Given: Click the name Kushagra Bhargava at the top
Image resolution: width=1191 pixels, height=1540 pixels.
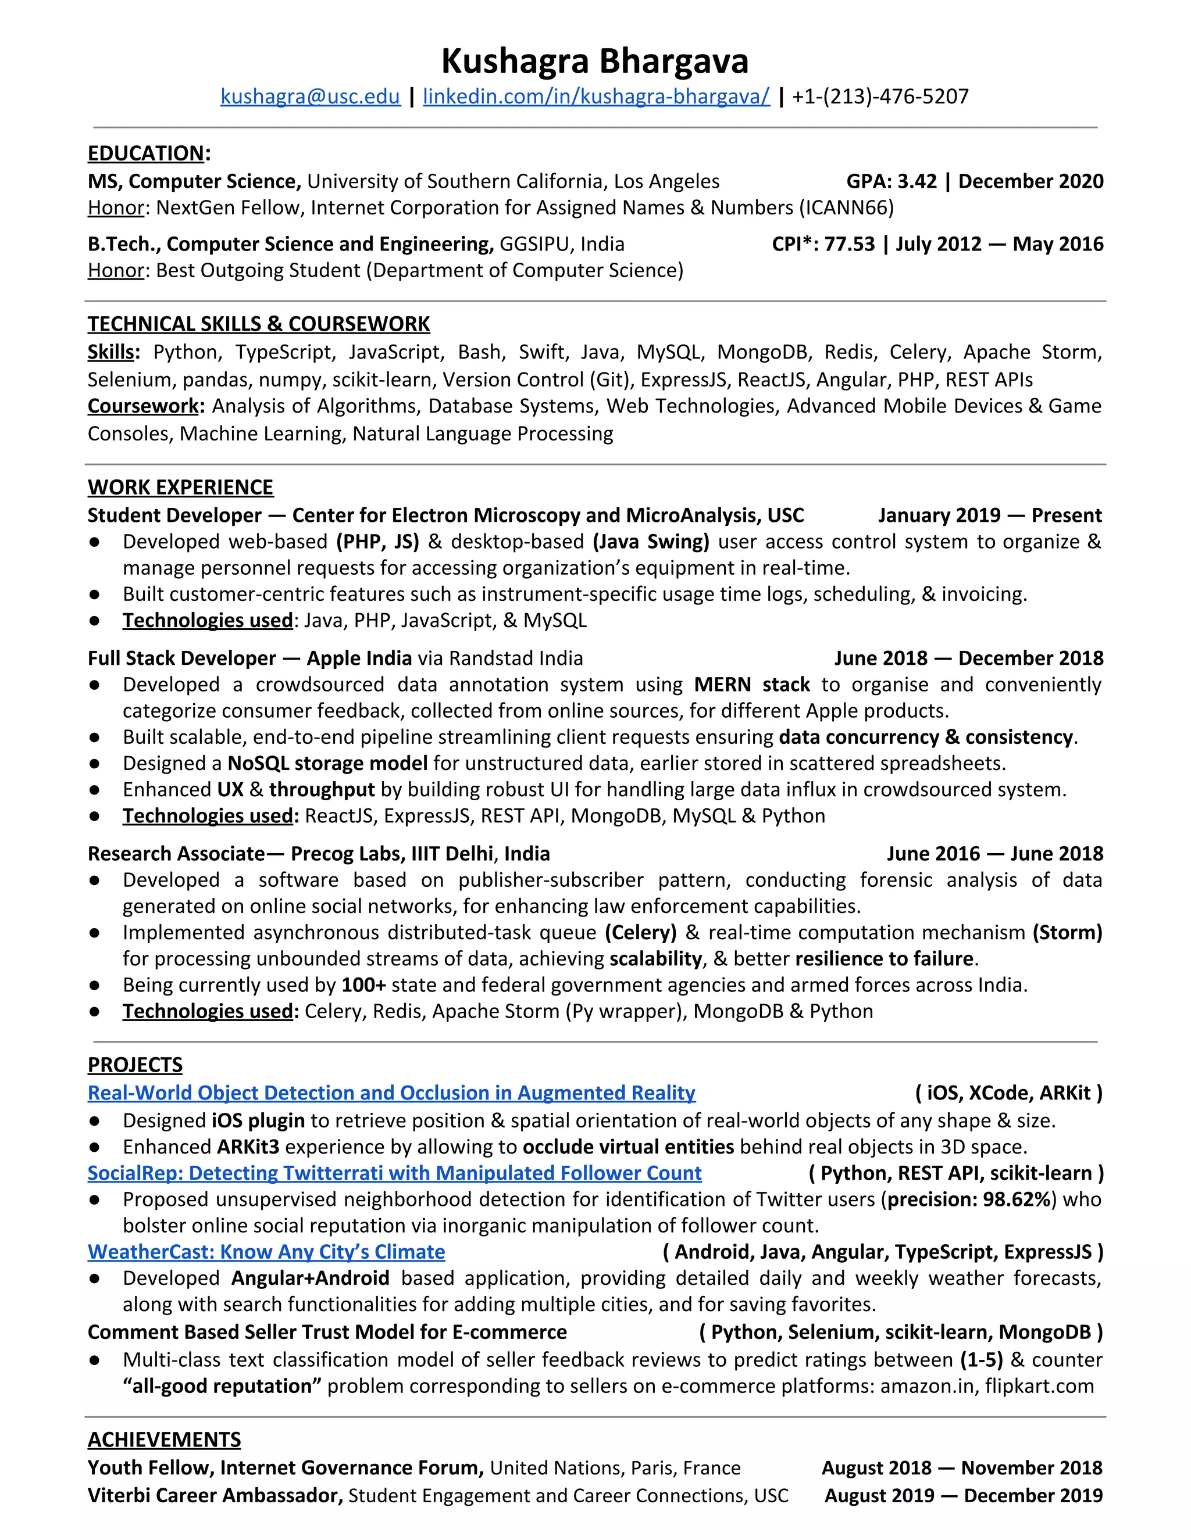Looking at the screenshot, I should [x=595, y=62].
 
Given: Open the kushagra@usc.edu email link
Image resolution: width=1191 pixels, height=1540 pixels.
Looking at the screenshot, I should [x=310, y=96].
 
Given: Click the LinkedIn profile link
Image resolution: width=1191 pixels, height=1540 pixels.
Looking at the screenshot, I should [x=596, y=96].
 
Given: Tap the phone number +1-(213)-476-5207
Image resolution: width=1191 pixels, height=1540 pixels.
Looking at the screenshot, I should [x=880, y=96].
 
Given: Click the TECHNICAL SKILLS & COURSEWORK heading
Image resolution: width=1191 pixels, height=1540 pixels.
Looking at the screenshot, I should [x=258, y=324].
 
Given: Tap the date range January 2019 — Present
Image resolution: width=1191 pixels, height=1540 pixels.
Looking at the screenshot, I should [x=989, y=515].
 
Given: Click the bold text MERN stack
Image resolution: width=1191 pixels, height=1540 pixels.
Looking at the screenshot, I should [x=751, y=685].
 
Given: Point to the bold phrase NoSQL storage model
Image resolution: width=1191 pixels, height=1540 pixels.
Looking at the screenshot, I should [x=327, y=763].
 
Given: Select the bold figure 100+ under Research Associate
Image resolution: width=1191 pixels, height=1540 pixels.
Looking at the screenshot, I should [x=363, y=985].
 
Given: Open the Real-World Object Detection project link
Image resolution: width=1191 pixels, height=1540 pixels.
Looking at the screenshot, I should [x=391, y=1093].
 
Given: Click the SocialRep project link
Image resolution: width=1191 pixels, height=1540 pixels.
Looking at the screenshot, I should [x=394, y=1173].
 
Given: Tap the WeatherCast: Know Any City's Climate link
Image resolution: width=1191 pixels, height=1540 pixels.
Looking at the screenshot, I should [x=266, y=1252].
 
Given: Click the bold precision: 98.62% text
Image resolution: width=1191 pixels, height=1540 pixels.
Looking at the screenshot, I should [x=969, y=1199].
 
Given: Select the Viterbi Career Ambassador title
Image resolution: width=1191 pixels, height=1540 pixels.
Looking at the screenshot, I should [x=215, y=1496].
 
